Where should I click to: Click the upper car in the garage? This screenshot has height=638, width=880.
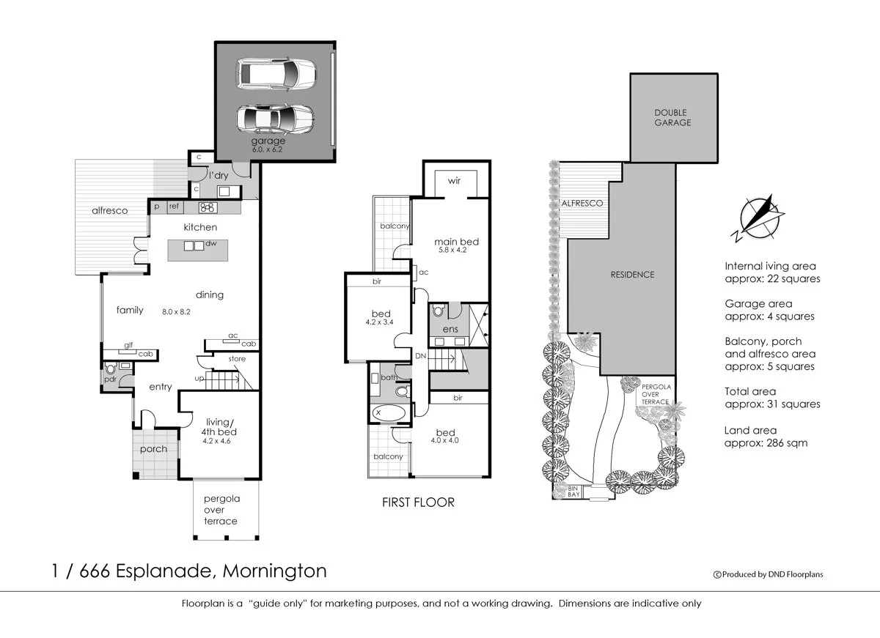point(276,73)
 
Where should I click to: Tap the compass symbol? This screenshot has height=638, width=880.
point(758,218)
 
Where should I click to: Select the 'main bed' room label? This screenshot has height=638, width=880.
point(456,241)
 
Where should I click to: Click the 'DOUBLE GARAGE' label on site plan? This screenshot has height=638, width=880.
point(672,117)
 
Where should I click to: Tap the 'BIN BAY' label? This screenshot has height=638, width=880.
point(573,492)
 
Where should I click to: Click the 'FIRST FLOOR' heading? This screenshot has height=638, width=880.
point(418,502)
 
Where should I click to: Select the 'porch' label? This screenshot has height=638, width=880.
point(153,449)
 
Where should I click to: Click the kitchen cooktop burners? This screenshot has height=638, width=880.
point(206,207)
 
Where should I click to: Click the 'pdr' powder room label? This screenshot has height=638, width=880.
point(110,379)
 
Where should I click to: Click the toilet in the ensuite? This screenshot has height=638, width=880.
point(439,311)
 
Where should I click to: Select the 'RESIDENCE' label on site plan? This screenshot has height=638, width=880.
point(632,275)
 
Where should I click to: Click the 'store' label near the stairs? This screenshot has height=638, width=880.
point(237,359)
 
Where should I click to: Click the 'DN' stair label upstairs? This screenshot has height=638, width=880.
point(420,355)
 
